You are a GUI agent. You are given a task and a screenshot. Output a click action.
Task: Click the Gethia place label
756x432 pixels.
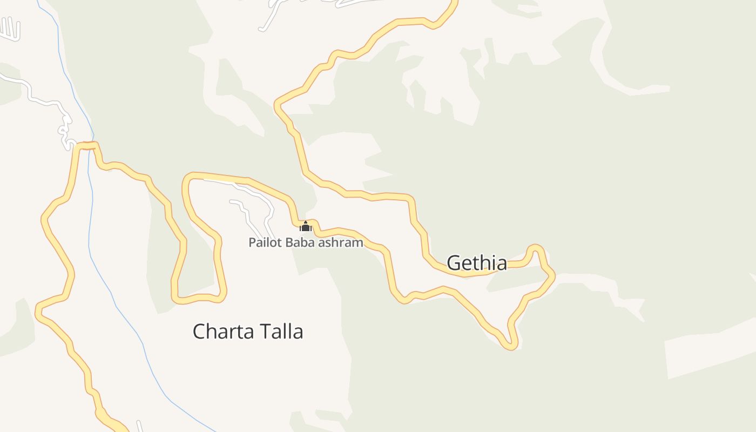point(477,263)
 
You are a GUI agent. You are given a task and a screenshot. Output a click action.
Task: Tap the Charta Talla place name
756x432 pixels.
point(248,331)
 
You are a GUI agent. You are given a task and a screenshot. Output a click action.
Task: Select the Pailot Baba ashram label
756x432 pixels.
point(306,242)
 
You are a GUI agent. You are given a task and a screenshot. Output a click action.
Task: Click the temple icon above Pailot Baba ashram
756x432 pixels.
point(306,226)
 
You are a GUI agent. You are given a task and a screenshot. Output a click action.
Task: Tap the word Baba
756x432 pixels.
point(300,242)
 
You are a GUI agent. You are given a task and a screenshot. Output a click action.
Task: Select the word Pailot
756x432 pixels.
point(265,242)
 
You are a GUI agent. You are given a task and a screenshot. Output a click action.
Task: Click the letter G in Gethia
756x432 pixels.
point(455,263)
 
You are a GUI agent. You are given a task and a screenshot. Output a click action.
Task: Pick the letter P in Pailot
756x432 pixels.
point(251,242)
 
